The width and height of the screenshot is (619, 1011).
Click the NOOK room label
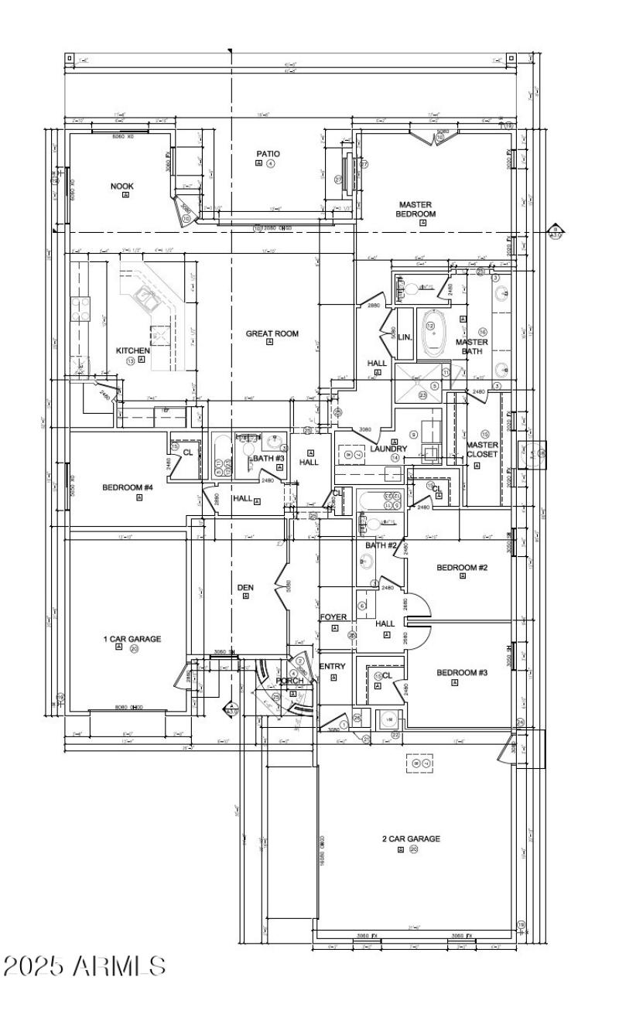pyautogui.click(x=122, y=186)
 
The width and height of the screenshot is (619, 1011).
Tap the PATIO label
pyautogui.click(x=268, y=154)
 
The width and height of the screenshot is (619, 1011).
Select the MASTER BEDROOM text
pyautogui.click(x=416, y=209)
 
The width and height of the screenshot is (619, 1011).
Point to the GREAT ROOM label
pyautogui.click(x=272, y=334)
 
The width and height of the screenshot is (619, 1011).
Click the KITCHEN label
pyautogui.click(x=132, y=350)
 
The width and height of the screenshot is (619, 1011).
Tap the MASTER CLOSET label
pyautogui.click(x=482, y=449)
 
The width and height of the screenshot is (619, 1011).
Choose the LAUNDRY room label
pyautogui.click(x=388, y=449)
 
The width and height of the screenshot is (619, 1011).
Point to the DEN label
pyautogui.click(x=245, y=588)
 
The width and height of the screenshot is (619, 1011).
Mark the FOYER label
pyautogui.click(x=333, y=617)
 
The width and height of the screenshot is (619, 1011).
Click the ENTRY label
pyautogui.click(x=333, y=667)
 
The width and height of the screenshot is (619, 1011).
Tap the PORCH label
pyautogui.click(x=290, y=681)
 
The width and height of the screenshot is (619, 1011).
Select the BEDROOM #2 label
pyautogui.click(x=462, y=568)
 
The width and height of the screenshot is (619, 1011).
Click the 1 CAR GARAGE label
pyautogui.click(x=132, y=639)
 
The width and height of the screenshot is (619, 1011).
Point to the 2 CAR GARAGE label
pyautogui.click(x=411, y=839)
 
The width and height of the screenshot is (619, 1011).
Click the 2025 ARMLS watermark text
pyautogui.click(x=84, y=966)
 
